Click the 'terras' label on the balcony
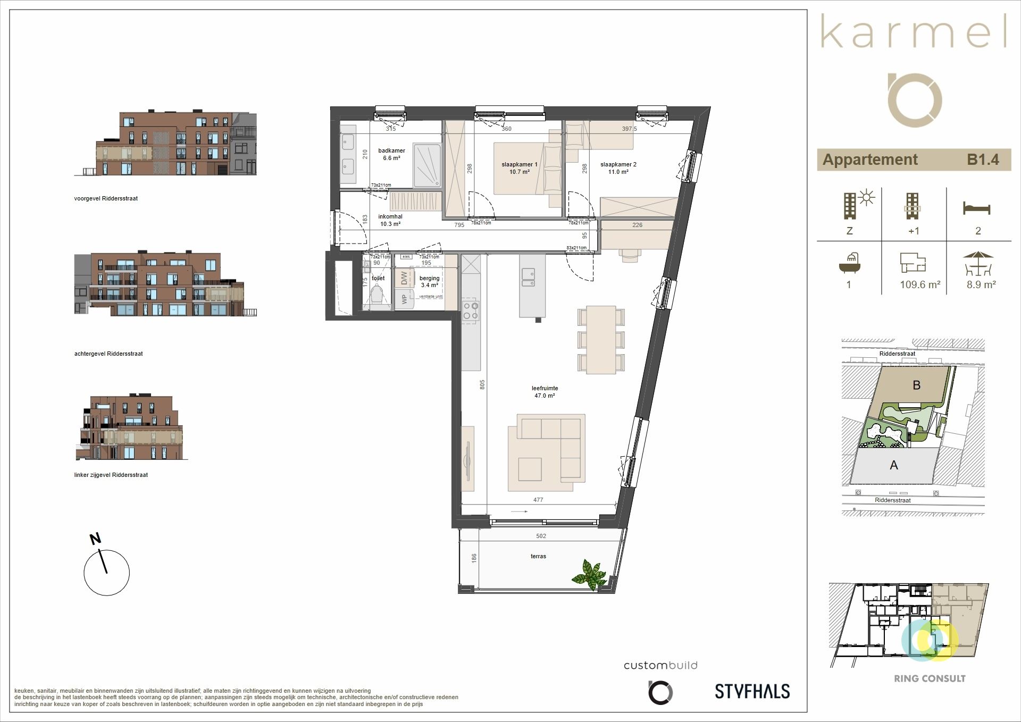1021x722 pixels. pos(538,556)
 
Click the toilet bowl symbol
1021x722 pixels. pos(378,296)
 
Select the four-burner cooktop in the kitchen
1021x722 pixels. pos(471,310)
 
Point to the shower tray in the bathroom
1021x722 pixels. pos(427,165)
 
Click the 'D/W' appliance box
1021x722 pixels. pos(404,278)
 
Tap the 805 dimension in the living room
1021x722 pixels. pos(482,384)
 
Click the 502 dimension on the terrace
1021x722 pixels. pos(541,536)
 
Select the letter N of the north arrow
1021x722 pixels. pos(95,539)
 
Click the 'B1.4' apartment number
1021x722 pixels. pos(983,159)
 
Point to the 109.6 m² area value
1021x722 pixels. pos(920,284)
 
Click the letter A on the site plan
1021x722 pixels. pos(894,465)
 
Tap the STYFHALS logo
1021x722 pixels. pos(752,691)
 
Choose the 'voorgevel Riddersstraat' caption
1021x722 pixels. pos(106,198)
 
